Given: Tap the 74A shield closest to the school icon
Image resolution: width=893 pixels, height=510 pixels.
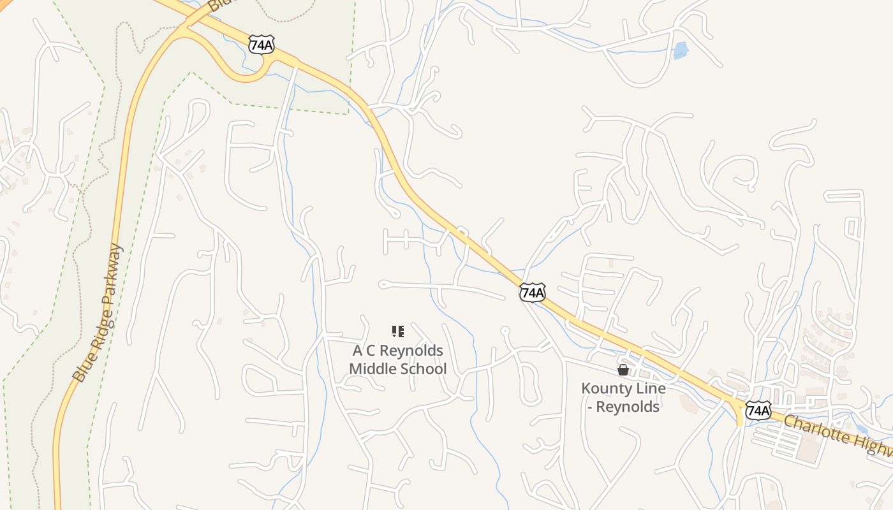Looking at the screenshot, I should (532, 292).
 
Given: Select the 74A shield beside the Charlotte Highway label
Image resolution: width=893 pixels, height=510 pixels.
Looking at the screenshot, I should (758, 410).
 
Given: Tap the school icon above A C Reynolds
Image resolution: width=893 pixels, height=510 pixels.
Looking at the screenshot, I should (398, 331).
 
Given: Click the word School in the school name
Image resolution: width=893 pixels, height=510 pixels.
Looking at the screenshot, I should (422, 368).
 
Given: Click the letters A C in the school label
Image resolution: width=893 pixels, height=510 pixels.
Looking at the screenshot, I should (364, 351).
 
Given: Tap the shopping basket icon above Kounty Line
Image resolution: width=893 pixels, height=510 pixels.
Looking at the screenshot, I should (623, 370).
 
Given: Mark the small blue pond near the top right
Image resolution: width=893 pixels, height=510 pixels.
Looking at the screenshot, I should (681, 50).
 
